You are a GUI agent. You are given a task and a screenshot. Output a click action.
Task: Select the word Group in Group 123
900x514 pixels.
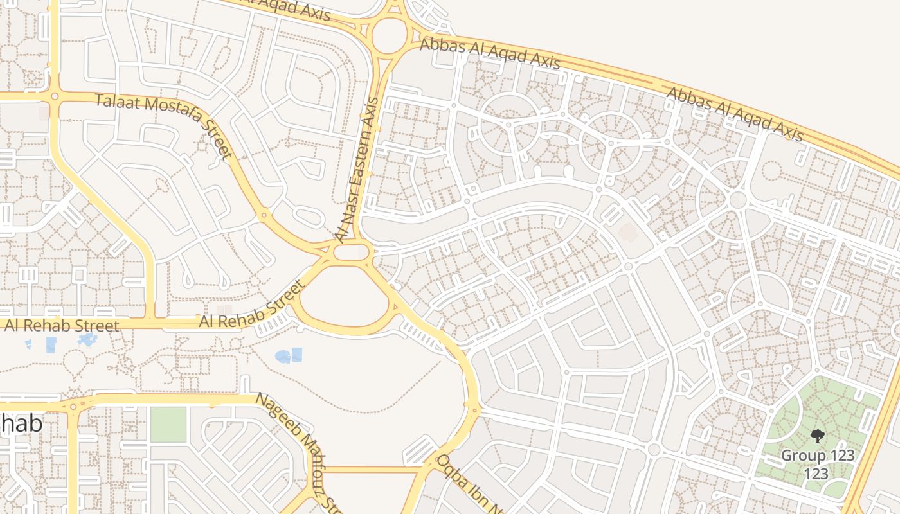tap(799, 456)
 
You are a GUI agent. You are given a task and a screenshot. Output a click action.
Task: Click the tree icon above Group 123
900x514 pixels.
tap(818, 436)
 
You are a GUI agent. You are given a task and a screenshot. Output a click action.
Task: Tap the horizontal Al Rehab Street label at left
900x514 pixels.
tap(62, 326)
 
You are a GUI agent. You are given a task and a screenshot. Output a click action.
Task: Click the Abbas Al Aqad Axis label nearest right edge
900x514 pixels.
tap(735, 114)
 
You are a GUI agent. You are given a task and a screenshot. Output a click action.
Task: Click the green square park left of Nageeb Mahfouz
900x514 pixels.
tap(168, 425)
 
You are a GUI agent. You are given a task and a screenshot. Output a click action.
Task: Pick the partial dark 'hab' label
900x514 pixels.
tap(21, 423)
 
